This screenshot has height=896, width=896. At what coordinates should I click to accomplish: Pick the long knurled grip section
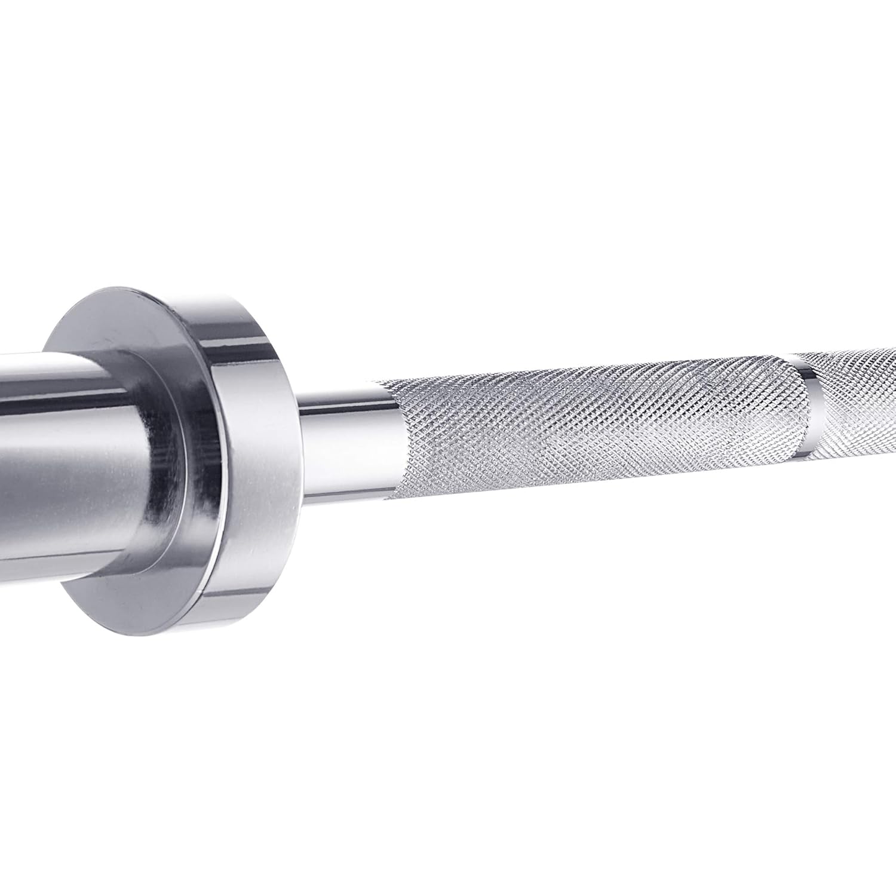coord(585,430)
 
